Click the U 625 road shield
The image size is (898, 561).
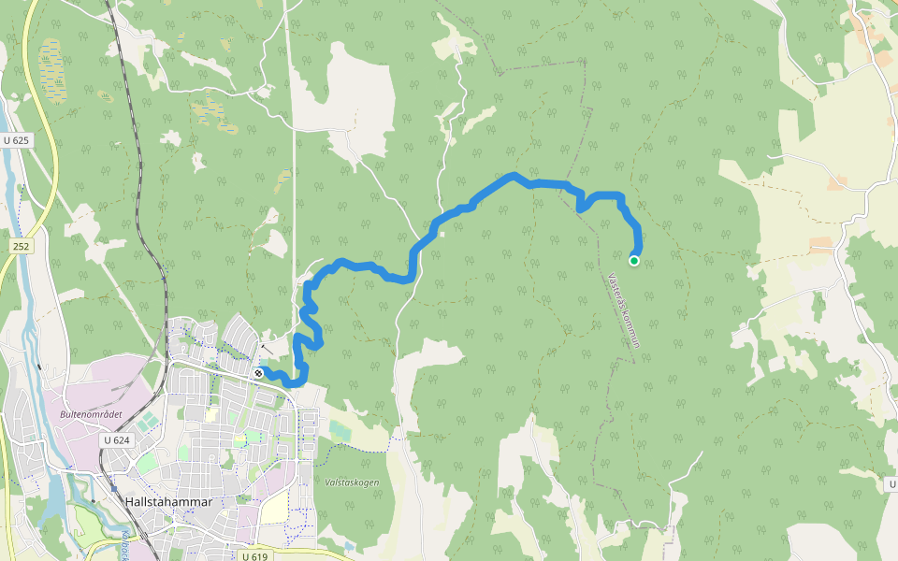(16, 140)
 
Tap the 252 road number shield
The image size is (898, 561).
(22, 245)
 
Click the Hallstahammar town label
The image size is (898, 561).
(168, 502)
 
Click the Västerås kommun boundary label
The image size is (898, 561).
(623, 309)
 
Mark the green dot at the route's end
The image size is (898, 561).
(634, 261)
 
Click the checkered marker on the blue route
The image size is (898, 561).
(258, 373)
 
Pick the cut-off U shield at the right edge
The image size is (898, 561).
(891, 483)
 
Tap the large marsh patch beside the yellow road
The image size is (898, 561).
(51, 70)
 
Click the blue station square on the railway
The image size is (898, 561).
(114, 486)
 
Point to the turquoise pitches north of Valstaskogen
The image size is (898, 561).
(340, 428)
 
